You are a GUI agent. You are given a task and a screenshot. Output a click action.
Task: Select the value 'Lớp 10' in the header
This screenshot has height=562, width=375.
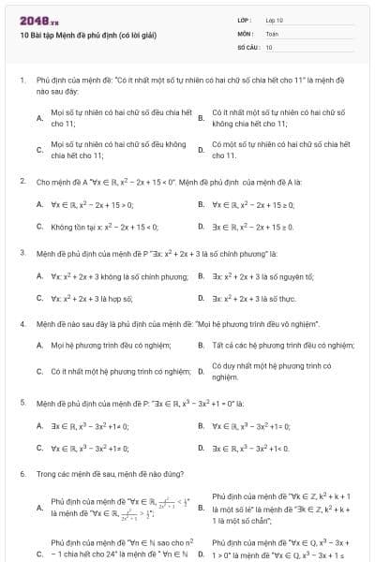274,19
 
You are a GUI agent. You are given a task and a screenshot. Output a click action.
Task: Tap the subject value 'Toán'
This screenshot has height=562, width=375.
272,33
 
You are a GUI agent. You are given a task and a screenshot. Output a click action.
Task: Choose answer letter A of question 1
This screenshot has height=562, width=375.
39,118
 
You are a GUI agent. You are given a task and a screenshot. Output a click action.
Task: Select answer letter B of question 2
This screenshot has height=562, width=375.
202,203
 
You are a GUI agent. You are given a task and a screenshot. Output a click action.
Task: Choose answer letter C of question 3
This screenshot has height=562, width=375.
39,299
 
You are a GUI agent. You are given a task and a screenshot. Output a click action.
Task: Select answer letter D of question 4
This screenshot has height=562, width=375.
202,371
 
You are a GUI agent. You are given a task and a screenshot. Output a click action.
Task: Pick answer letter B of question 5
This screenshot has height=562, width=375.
202,425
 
